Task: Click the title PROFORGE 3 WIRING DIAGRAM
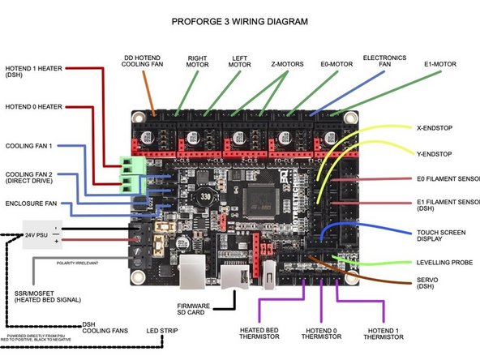tap(240, 21)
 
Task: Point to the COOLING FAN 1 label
tap(29, 145)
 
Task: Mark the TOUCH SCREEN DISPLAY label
tap(440, 237)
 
